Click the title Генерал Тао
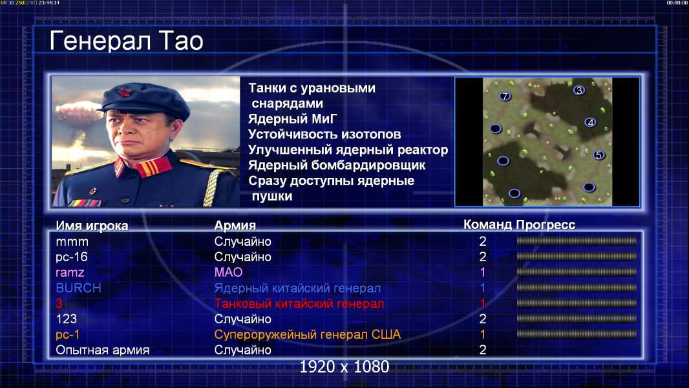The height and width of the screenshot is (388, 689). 126,41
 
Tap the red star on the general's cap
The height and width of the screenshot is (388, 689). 125,92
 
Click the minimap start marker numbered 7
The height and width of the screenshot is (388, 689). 505,96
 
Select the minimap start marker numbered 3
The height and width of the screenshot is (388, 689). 579,90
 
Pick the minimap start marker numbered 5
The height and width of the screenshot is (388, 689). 599,155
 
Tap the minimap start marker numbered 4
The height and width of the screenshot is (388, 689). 591,122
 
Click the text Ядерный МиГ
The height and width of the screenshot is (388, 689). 293,118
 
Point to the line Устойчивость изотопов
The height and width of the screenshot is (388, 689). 324,134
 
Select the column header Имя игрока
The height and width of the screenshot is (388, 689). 92,226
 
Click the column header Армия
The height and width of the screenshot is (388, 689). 235,226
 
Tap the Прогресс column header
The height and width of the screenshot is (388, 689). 546,224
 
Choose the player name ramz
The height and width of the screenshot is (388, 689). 70,272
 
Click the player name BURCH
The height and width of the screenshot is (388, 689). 78,288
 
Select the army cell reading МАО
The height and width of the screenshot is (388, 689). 229,272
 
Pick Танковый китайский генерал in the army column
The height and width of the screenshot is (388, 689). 299,304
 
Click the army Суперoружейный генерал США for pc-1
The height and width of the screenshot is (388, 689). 308,334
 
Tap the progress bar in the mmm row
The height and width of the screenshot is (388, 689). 577,241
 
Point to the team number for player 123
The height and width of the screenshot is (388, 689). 482,319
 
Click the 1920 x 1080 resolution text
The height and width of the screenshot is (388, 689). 344,367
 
